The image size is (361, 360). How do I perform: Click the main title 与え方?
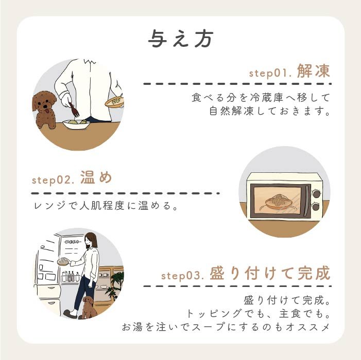click(180, 39)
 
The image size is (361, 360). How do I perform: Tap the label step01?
click(270, 73)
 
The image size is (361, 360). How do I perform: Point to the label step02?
click(54, 180)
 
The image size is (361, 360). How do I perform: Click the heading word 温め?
click(96, 178)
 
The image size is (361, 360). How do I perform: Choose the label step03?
click(183, 275)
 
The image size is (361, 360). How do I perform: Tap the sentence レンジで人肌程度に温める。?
click(105, 207)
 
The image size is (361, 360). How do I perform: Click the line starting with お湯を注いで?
click(226, 327)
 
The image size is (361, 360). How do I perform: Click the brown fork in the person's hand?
click(72, 109)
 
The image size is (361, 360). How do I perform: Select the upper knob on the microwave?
click(315, 194)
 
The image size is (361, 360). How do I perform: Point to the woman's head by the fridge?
click(91, 240)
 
